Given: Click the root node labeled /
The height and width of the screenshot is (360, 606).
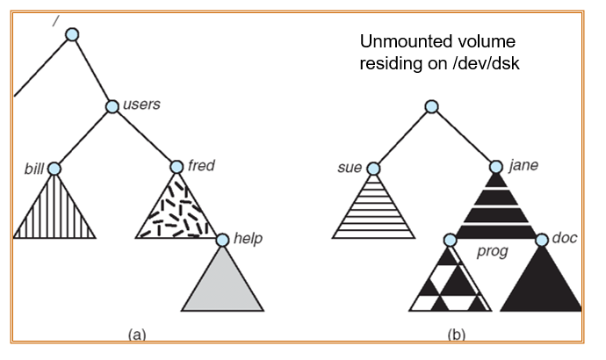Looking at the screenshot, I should click(x=72, y=34).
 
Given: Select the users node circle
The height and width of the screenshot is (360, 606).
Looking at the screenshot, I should click(x=112, y=106).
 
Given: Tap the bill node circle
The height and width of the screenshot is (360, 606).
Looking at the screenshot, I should click(x=54, y=168).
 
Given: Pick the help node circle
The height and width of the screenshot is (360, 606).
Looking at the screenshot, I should click(x=221, y=239).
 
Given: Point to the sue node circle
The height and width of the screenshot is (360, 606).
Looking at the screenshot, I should click(x=373, y=168).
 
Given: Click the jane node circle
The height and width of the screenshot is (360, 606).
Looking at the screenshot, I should click(x=494, y=167).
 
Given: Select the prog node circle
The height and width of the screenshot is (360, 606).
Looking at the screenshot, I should click(x=451, y=239).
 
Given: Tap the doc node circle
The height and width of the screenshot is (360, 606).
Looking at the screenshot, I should click(x=541, y=239).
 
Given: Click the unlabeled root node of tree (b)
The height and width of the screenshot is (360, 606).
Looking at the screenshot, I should click(x=430, y=106).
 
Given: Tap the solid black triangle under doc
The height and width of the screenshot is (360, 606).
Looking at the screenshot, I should click(x=541, y=285).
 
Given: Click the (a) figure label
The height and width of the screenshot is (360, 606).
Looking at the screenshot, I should click(x=137, y=334).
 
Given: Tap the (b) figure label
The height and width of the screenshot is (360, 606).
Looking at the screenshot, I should click(x=456, y=334).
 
